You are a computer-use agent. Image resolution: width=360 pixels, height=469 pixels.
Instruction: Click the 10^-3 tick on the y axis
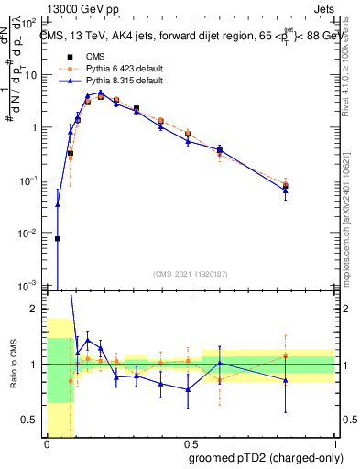tap(30, 286)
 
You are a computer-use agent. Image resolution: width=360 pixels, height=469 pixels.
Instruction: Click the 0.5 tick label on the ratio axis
tap(34, 420)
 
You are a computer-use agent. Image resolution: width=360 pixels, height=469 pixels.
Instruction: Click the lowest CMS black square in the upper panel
tap(58, 238)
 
